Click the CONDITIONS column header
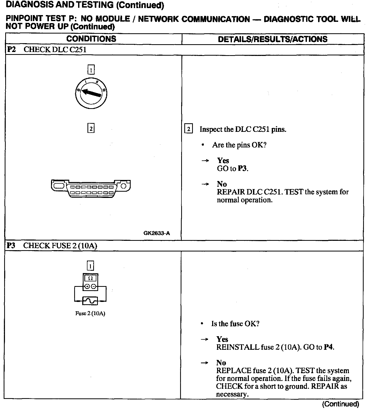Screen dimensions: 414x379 click(x=91, y=39)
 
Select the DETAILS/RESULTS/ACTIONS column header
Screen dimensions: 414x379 click(x=273, y=39)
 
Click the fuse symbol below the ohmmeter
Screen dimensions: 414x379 click(x=90, y=301)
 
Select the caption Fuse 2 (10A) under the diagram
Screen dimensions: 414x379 click(x=90, y=313)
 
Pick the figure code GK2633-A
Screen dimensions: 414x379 click(x=156, y=233)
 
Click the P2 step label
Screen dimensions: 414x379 click(x=11, y=49)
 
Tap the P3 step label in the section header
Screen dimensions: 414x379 click(x=11, y=245)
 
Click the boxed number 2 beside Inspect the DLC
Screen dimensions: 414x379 click(x=188, y=129)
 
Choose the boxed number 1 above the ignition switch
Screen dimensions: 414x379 click(x=91, y=70)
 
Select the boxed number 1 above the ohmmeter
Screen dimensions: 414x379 click(x=90, y=266)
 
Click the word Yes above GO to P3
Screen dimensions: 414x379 click(x=223, y=160)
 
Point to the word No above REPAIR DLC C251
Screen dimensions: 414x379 click(x=222, y=184)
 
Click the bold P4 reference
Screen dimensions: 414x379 click(x=329, y=347)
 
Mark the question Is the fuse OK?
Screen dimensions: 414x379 click(x=235, y=324)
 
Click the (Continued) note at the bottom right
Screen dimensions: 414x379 click(x=340, y=404)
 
